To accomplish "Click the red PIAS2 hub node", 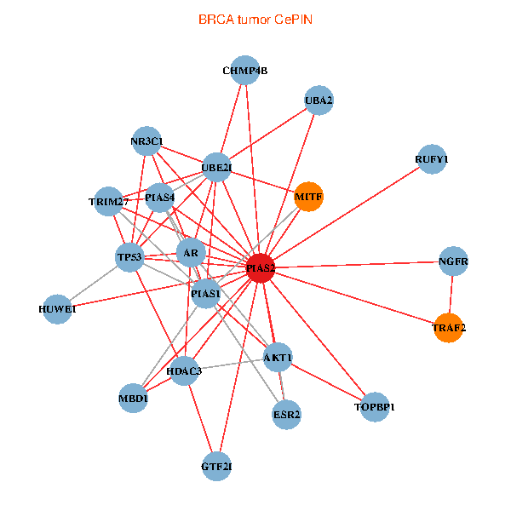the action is pyautogui.click(x=261, y=268).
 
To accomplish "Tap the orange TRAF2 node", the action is pyautogui.click(x=449, y=327).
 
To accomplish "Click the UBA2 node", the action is pyautogui.click(x=318, y=100).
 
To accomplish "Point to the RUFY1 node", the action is pyautogui.click(x=432, y=159).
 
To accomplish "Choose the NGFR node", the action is pyautogui.click(x=454, y=261).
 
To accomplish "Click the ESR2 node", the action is pyautogui.click(x=287, y=415).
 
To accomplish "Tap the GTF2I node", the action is pyautogui.click(x=217, y=466).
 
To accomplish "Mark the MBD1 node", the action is pyautogui.click(x=134, y=398).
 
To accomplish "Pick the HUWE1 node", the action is pyautogui.click(x=58, y=308).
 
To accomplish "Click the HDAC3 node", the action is pyautogui.click(x=184, y=370).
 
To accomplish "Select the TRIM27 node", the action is pyautogui.click(x=108, y=201).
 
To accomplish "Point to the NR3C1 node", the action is pyautogui.click(x=147, y=141).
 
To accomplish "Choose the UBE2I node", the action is pyautogui.click(x=216, y=168).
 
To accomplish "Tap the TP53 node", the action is pyautogui.click(x=130, y=256).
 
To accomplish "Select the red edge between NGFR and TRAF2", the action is pyautogui.click(x=451, y=295).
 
